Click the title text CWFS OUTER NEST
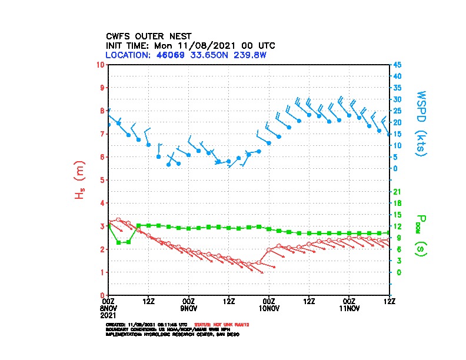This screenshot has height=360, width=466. point(148,35)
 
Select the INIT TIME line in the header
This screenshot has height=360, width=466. point(190,45)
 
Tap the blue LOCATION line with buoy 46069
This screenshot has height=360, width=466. point(186,55)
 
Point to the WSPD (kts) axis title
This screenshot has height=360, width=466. point(422,122)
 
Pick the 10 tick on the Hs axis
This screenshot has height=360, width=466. point(101,64)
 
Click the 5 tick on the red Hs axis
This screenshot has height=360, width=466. point(102,180)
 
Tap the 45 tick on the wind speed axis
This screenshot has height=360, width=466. point(398,64)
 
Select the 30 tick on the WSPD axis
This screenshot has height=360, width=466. point(398,99)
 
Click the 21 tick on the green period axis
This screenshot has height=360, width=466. point(397,192)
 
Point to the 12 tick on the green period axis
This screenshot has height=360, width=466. point(397,226)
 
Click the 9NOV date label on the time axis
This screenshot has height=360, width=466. point(188,308)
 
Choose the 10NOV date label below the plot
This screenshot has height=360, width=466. point(269,308)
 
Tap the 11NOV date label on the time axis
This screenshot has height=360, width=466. point(349,308)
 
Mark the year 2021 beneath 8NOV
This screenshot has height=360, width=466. point(109,315)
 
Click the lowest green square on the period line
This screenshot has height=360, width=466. point(119,242)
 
